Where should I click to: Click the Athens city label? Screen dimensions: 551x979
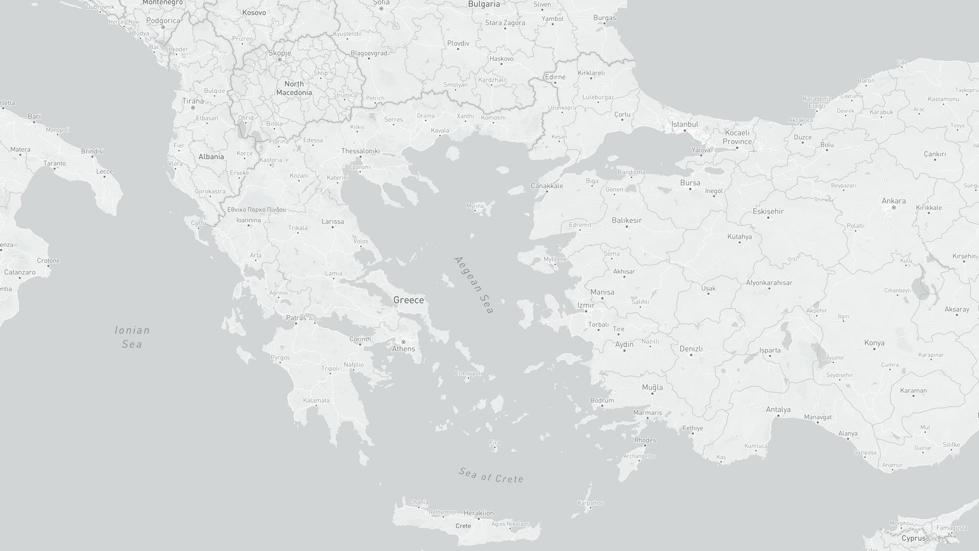click(x=403, y=349)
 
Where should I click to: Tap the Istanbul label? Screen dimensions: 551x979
click(x=684, y=124)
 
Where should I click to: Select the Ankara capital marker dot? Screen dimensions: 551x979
click(x=893, y=208)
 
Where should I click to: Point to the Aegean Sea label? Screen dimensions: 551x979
click(x=474, y=285)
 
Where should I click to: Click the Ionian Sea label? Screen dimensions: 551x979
click(x=132, y=337)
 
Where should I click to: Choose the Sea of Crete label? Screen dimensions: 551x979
click(x=491, y=475)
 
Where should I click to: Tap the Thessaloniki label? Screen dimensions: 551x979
click(x=360, y=151)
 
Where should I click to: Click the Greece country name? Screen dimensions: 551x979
click(x=408, y=300)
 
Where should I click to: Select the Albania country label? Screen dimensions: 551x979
click(x=211, y=157)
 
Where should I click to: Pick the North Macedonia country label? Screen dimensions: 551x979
click(x=294, y=88)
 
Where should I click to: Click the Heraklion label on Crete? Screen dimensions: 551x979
click(x=478, y=513)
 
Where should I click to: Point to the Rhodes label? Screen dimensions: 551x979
click(x=645, y=440)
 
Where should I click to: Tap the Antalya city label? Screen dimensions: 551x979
click(x=778, y=409)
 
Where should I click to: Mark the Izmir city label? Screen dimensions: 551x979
click(x=586, y=305)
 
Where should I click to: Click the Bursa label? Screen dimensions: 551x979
click(x=690, y=183)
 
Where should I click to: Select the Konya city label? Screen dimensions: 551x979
click(x=874, y=342)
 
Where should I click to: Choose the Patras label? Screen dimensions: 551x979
click(x=296, y=318)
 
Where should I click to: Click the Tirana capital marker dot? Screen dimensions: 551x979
click(x=193, y=108)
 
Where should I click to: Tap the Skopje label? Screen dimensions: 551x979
click(x=279, y=53)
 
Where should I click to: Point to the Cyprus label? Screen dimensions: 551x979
click(x=913, y=538)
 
